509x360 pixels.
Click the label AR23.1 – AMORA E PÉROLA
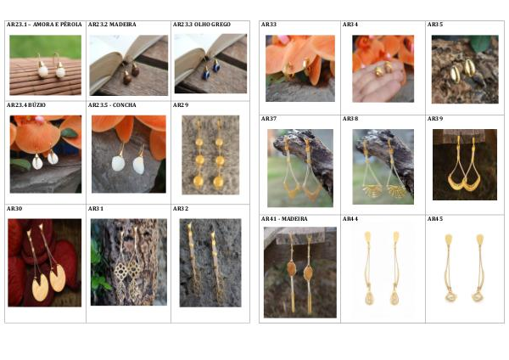coord(44,25)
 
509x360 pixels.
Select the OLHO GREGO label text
coord(212,25)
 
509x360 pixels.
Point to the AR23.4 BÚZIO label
coord(26,105)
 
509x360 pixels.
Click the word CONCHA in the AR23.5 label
coord(125,105)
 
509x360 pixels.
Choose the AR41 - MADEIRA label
coord(284,219)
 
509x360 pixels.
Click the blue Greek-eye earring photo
coord(210,64)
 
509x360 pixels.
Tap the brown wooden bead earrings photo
coord(129,65)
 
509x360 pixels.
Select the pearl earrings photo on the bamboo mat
coord(46,65)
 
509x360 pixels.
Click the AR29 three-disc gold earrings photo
coord(210,155)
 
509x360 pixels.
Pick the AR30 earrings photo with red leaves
coord(45,262)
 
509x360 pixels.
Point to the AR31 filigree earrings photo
coord(129,262)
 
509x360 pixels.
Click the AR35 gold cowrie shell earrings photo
coord(465,70)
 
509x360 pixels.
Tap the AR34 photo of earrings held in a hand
coord(383,69)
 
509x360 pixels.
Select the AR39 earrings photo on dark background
coord(465,165)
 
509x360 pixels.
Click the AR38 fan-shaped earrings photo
coord(383,166)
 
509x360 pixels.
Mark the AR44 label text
coord(350,219)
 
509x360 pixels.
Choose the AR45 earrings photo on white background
coord(464,268)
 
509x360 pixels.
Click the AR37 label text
coord(269,119)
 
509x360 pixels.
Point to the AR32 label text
coord(181,208)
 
